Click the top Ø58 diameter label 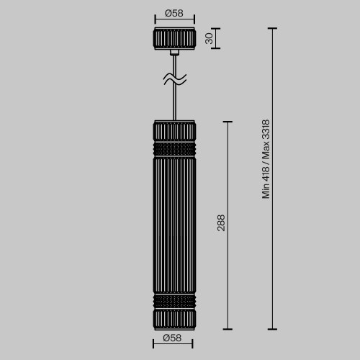coord(174,12)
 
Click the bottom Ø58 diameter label coord(174,337)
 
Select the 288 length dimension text coord(221,224)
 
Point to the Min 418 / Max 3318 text coord(266,159)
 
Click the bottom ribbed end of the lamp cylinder coord(174,318)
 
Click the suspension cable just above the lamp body coord(174,101)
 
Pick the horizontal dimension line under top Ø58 coord(174,22)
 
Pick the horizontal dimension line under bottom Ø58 coord(174,346)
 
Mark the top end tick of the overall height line coord(272,29)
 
